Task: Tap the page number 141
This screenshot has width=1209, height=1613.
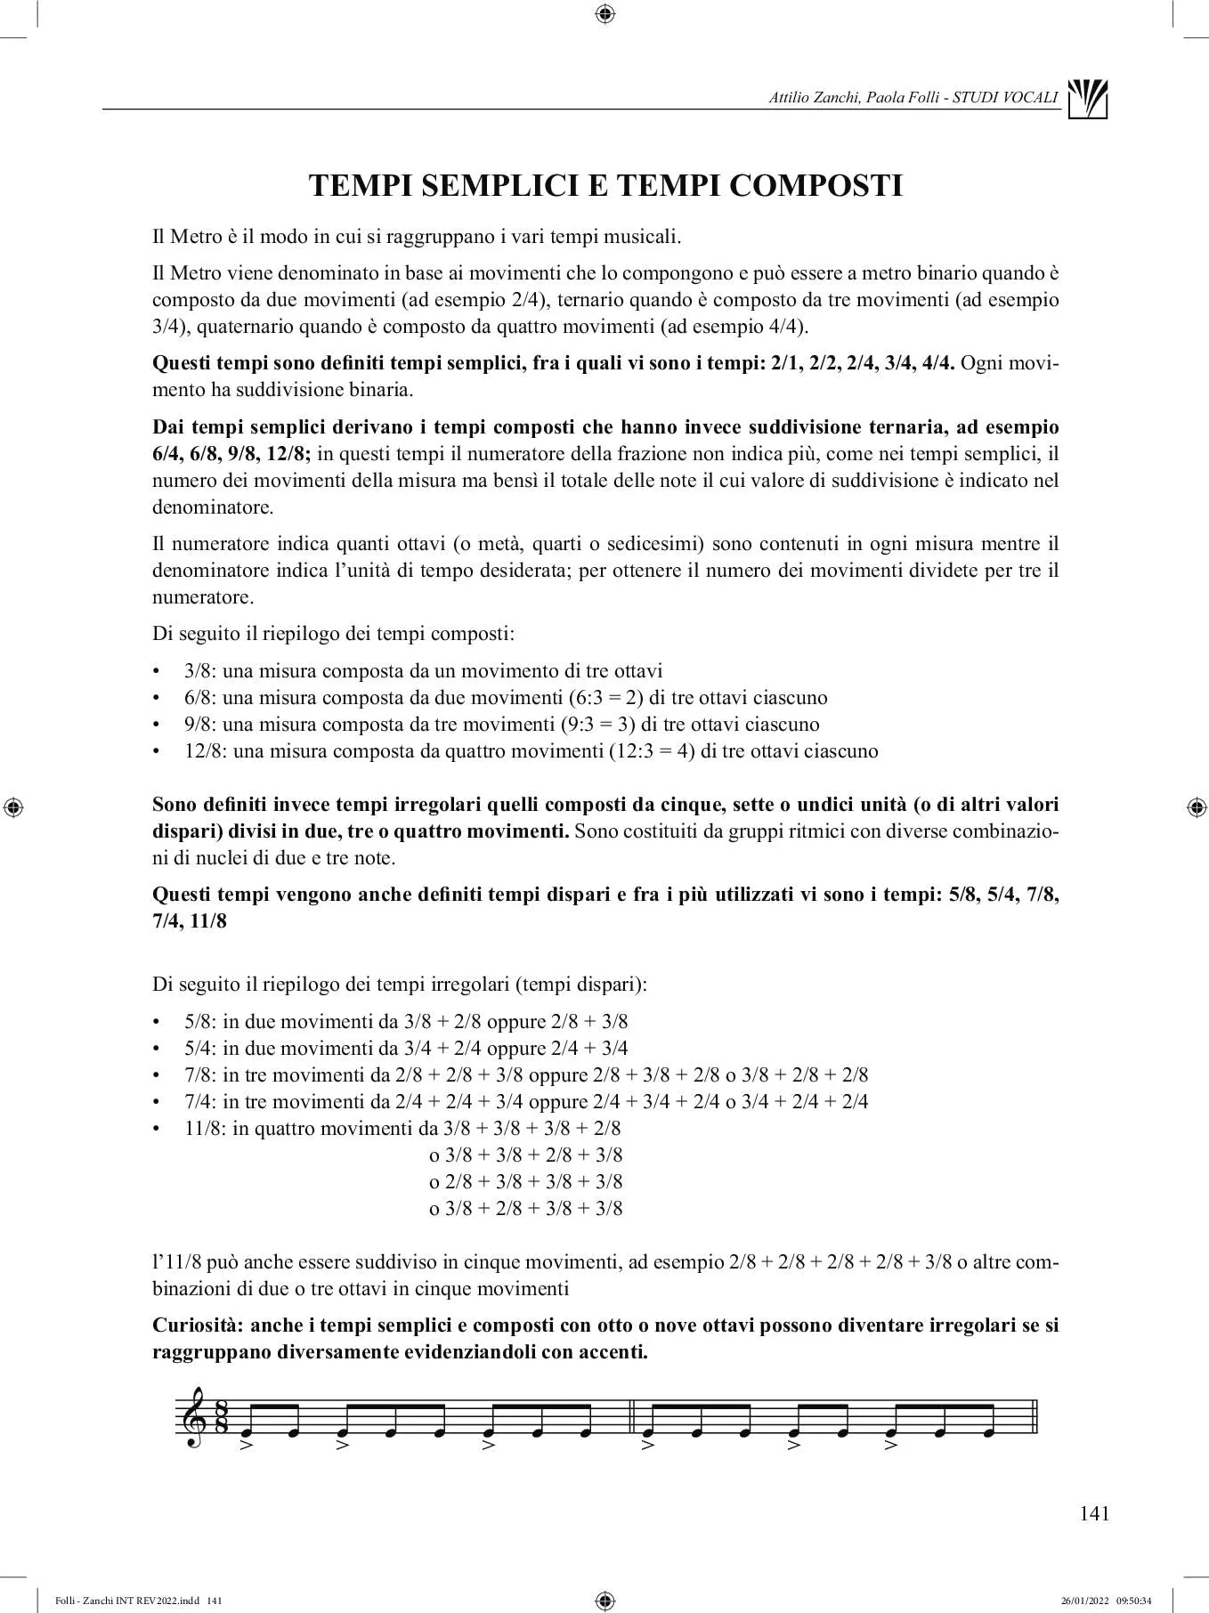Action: pos(1094,1513)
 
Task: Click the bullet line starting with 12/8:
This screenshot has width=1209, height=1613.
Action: pos(531,751)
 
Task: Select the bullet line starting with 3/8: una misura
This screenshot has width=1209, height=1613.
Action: pos(423,671)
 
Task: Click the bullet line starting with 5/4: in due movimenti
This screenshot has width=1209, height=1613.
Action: pos(406,1049)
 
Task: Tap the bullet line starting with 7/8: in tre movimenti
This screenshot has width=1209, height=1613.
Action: pos(526,1075)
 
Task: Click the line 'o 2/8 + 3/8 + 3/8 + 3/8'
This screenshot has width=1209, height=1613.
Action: pos(525,1182)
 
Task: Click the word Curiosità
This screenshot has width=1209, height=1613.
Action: pos(196,1325)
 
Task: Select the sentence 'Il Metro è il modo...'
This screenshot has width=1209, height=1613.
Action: pos(417,237)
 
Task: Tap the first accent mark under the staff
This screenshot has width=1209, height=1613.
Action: pos(247,1445)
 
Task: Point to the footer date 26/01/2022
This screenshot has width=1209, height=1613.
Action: pos(1084,1601)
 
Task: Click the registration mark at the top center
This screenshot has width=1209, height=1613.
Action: pos(604,13)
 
